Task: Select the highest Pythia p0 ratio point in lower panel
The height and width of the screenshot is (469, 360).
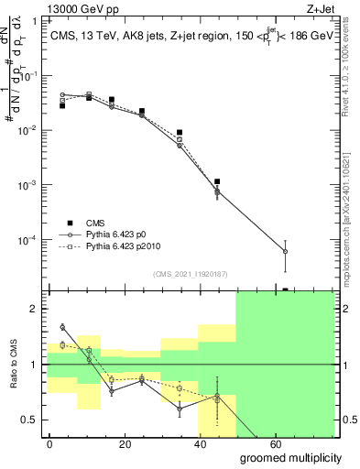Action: (62, 327)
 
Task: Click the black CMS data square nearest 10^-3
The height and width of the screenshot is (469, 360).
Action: (217, 181)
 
